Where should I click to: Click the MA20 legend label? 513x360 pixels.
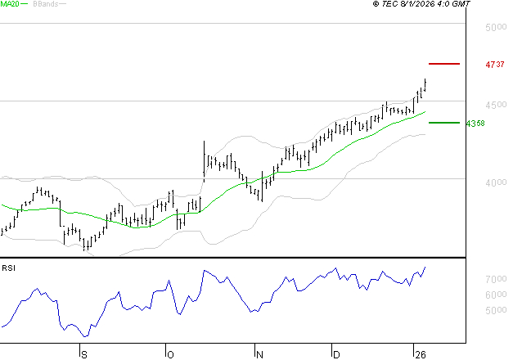(11, 5)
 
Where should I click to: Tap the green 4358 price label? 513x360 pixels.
(475, 124)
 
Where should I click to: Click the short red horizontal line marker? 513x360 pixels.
(444, 63)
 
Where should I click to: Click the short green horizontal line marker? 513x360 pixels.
(444, 123)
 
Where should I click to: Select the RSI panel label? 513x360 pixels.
(9, 268)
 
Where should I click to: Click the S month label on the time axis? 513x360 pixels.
(83, 353)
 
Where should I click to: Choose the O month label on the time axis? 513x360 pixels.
(170, 353)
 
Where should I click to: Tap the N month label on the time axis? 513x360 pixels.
(258, 353)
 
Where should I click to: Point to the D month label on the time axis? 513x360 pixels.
(335, 353)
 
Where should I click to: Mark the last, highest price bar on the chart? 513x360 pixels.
(425, 84)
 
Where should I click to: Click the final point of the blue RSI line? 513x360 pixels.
(425, 267)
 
